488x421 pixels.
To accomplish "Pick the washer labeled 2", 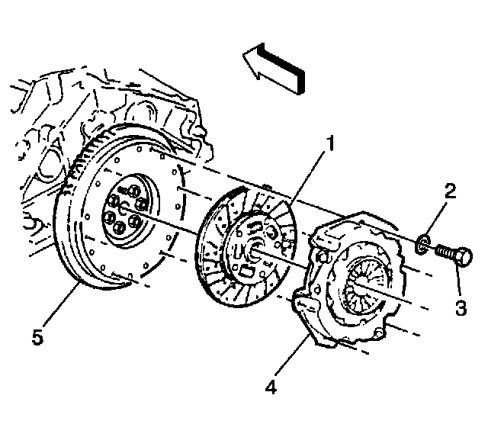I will pos(422,244).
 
